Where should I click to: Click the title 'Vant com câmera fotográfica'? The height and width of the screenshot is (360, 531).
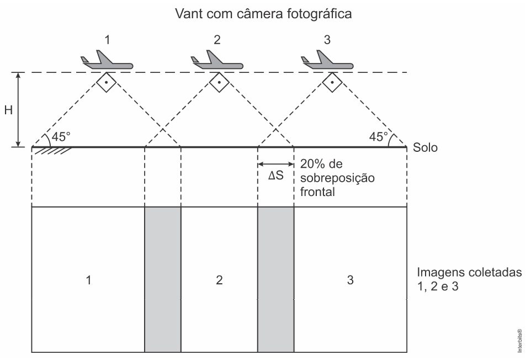263,14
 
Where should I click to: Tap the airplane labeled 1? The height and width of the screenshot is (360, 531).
107,61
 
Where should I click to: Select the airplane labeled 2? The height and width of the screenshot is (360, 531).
217,61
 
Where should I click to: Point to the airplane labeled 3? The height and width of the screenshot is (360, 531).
327,61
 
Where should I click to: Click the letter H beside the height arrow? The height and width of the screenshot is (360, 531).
8,110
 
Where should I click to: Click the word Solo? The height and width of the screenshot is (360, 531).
425,148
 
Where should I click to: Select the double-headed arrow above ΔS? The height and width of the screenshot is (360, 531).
275,163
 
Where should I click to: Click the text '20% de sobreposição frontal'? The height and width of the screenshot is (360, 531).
337,177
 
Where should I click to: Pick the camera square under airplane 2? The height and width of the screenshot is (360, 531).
219,83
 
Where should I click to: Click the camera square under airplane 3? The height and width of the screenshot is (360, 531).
332,83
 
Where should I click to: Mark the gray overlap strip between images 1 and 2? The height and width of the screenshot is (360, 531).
163,279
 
